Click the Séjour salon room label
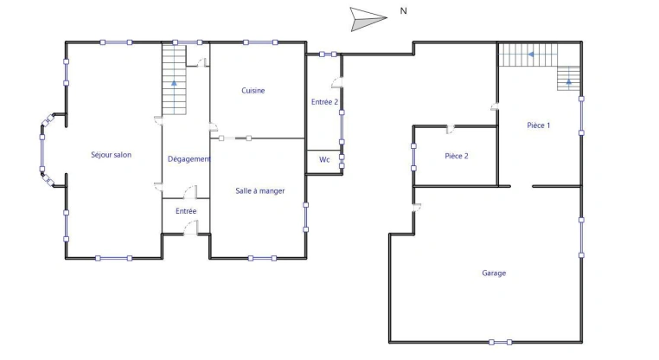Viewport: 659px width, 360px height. point(111,155)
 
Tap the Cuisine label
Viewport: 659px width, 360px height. point(253,91)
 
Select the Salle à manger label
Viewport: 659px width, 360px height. point(259,191)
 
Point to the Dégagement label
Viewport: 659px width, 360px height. point(189,159)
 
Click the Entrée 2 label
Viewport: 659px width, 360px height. point(324,102)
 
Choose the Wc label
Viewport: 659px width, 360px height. point(324,160)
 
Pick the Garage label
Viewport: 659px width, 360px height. point(494,273)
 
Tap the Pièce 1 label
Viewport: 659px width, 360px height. point(538,125)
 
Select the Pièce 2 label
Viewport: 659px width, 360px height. point(456,157)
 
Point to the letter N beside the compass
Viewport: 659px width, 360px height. point(404,11)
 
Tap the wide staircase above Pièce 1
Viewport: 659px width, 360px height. point(528,55)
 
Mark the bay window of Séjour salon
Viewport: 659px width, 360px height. point(44,156)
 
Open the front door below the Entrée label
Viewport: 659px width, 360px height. point(192,227)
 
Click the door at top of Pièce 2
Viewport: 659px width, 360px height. point(450,130)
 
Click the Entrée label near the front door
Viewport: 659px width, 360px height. point(186,211)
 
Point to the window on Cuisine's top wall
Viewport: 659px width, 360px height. point(259,42)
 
